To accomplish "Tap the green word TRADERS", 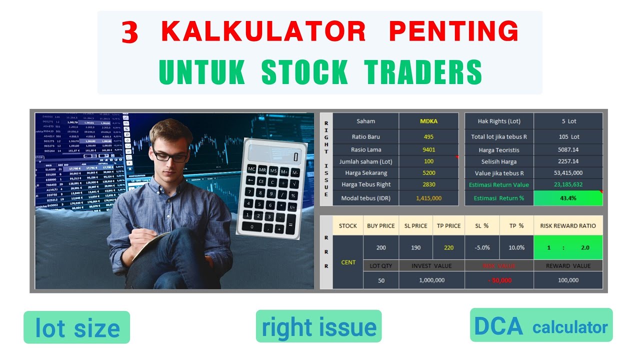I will click(423, 72).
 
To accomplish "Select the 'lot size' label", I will click(77, 328).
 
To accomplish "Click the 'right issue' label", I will click(319, 327).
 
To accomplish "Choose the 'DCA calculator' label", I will click(541, 326).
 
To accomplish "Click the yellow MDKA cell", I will click(428, 121).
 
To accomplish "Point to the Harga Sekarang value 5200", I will click(428, 173).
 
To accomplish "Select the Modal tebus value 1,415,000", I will click(428, 198).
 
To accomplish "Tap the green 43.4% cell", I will click(568, 198).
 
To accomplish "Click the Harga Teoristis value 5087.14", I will click(568, 150).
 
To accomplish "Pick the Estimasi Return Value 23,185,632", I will click(568, 185).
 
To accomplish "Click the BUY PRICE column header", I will click(380, 226).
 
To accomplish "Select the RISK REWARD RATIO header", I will click(568, 226).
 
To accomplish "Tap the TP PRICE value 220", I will click(448, 247).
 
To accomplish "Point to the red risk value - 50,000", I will click(499, 280).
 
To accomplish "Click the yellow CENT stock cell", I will click(348, 262).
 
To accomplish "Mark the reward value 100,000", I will click(568, 280).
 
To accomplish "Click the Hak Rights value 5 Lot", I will click(568, 121).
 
